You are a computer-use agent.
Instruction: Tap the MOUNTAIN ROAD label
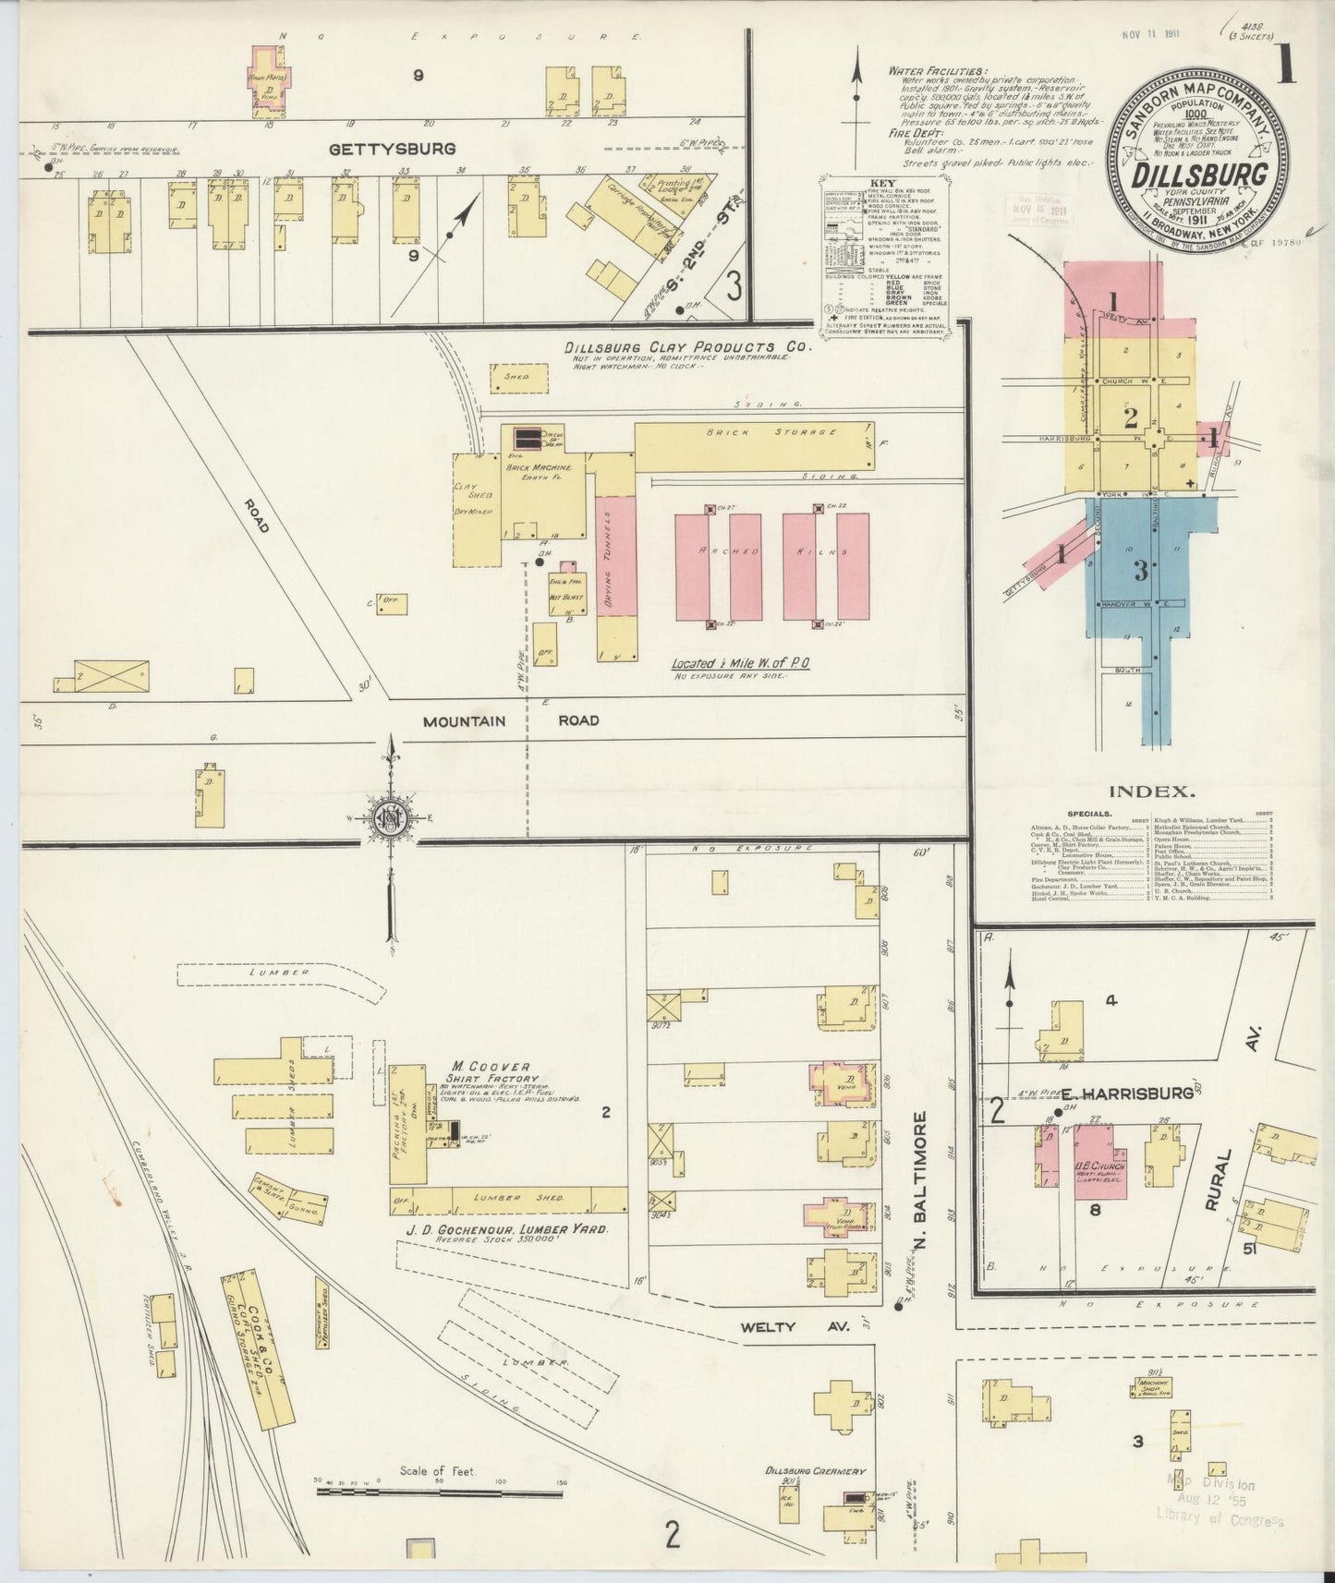[511, 720]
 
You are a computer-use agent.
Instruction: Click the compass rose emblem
[392, 818]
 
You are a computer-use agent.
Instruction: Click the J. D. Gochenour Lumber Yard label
[507, 1229]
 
